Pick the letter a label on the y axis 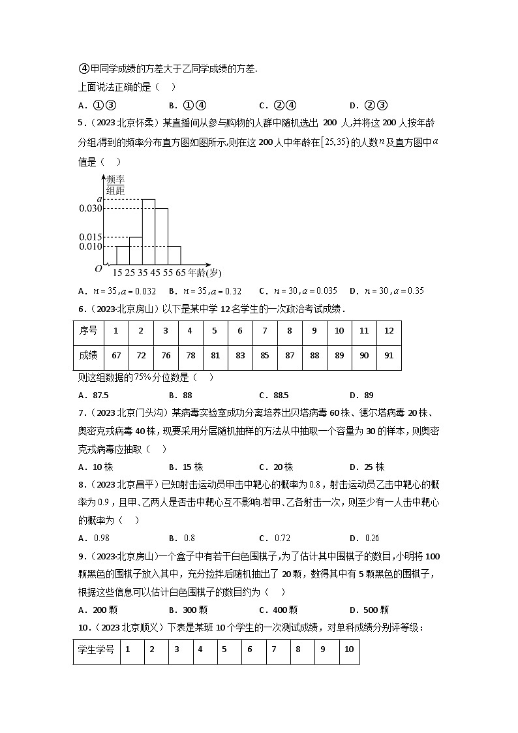99,199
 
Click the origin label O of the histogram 98,268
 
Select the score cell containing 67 116,356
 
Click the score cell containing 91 389,356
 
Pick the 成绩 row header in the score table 88,356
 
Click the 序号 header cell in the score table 88,331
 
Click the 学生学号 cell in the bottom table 97,649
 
